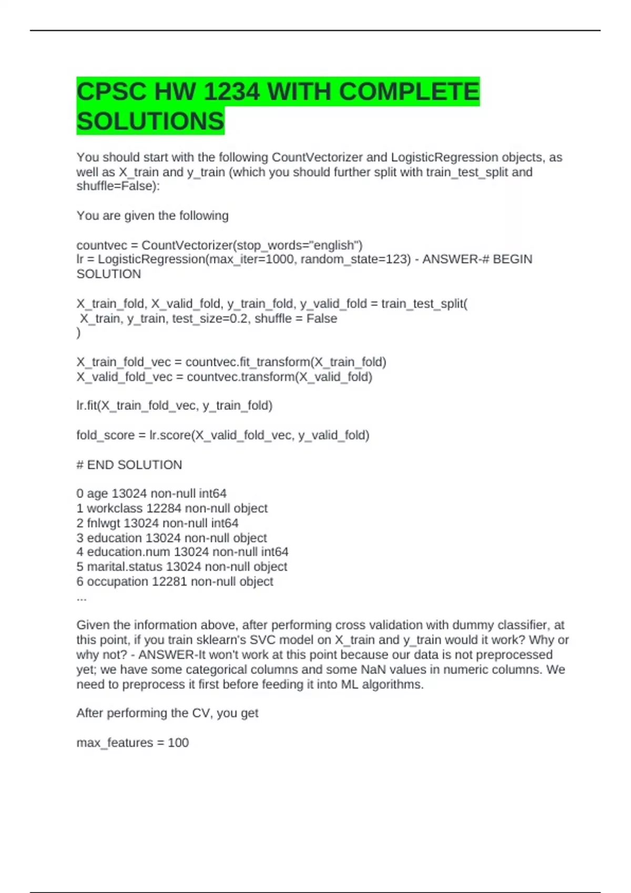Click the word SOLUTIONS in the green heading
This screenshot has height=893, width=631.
pyautogui.click(x=150, y=121)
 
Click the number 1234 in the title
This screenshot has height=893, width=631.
pyautogui.click(x=231, y=92)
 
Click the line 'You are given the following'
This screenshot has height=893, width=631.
pyautogui.click(x=152, y=215)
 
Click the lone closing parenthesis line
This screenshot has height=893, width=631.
pyautogui.click(x=79, y=333)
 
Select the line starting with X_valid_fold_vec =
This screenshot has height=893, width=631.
pyautogui.click(x=224, y=377)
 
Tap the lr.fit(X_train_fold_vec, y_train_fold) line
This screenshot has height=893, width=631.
pyautogui.click(x=174, y=405)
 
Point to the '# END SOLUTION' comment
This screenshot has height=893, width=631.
pyautogui.click(x=129, y=464)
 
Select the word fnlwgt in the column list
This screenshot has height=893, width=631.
pyautogui.click(x=103, y=523)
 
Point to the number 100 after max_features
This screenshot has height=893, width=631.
pyautogui.click(x=178, y=742)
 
